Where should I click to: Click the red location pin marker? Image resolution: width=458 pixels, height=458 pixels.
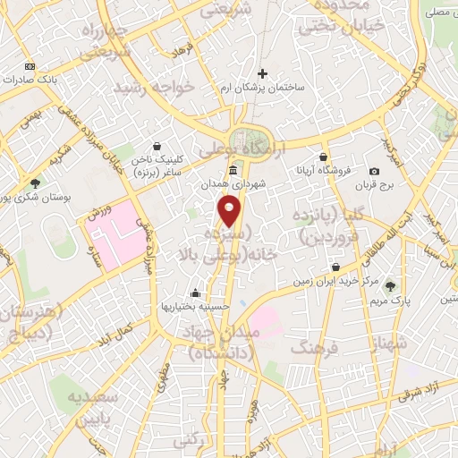[230, 210]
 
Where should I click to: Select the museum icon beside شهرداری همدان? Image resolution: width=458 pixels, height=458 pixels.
[233, 170]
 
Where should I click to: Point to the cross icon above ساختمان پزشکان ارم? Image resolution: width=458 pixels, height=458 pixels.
[262, 73]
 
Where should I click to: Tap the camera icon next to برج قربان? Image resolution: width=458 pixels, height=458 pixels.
[374, 171]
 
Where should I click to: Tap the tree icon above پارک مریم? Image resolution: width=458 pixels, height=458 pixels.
[390, 286]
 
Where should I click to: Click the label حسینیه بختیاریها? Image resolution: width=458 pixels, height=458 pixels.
[195, 306]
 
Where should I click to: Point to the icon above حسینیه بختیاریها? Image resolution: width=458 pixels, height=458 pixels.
[195, 293]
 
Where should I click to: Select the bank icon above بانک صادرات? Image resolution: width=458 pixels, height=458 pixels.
[30, 65]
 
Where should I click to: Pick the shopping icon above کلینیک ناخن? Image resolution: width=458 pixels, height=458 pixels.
[157, 146]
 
